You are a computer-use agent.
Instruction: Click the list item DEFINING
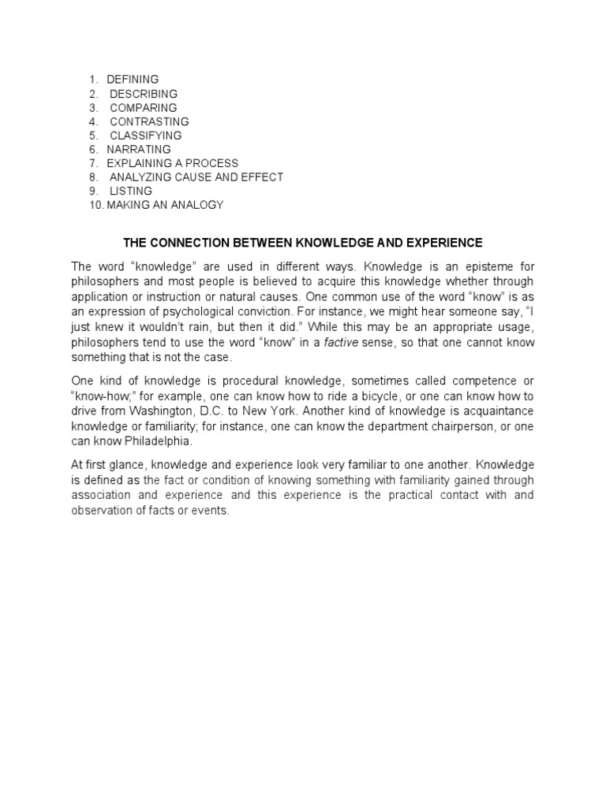coord(133,80)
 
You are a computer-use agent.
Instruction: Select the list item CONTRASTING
coord(149,121)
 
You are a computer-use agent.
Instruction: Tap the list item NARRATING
coord(138,149)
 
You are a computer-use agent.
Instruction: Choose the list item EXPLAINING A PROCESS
coord(172,163)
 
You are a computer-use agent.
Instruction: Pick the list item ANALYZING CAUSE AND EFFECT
coord(196,177)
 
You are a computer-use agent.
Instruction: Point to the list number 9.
coord(92,191)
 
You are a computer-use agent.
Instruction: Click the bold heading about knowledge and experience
coord(302,241)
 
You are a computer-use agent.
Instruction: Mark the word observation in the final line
coord(103,510)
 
